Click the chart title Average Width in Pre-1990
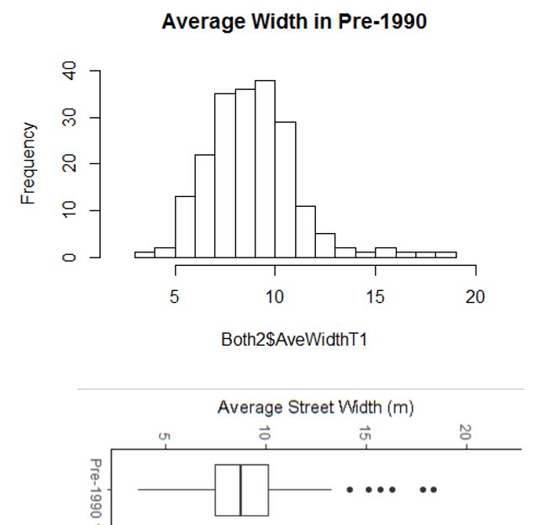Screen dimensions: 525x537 (293, 22)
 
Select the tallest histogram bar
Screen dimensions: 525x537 (265, 168)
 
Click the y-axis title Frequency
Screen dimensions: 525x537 (29, 163)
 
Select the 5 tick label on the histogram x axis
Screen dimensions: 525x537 (175, 297)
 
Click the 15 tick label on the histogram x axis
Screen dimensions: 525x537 (375, 297)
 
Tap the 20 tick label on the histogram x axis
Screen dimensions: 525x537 (475, 297)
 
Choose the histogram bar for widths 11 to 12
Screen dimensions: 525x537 (305, 231)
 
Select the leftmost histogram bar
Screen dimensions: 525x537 (145, 254)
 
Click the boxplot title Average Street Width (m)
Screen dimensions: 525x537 (315, 408)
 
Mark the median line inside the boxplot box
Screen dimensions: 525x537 (241, 490)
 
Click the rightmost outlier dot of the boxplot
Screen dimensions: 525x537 (434, 490)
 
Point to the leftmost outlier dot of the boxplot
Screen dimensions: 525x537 (350, 490)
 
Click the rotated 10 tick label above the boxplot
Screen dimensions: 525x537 (265, 434)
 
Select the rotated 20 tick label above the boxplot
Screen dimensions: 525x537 (465, 432)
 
